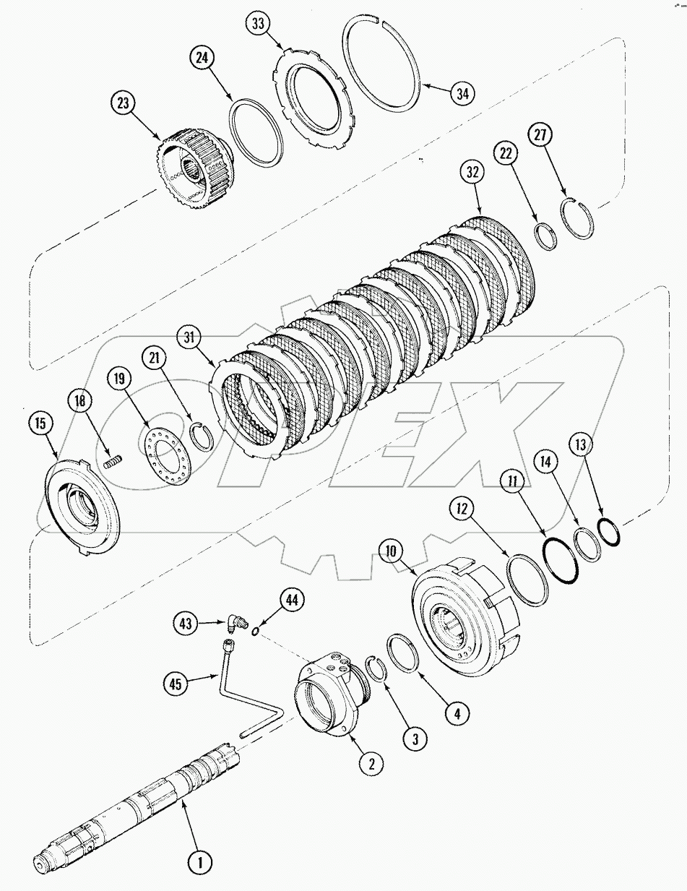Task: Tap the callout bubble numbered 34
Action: (x=462, y=92)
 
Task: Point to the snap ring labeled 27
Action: (x=578, y=216)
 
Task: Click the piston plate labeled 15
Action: (x=80, y=507)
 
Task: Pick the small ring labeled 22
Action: (x=546, y=236)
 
